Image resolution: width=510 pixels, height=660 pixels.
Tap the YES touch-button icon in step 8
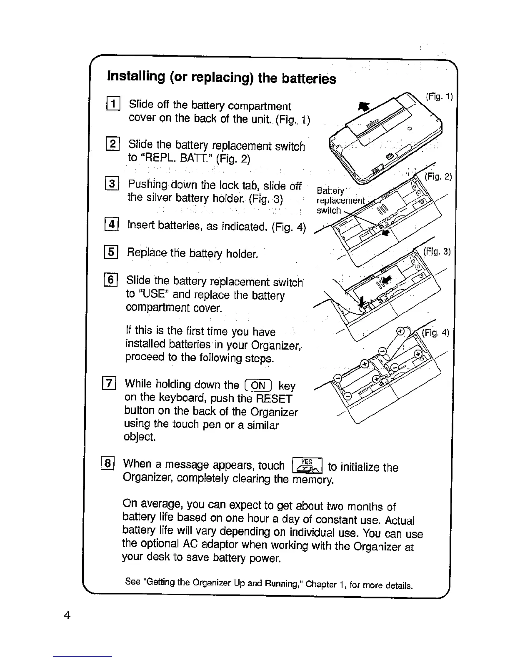[x=307, y=465]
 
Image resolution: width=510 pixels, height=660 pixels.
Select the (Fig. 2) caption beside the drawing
[x=438, y=176]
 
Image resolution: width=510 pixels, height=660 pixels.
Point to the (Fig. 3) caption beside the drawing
[x=437, y=251]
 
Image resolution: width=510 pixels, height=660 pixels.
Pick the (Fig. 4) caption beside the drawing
[x=435, y=332]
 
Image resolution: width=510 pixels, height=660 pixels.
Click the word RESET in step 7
[x=274, y=398]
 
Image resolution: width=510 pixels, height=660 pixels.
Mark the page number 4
[x=67, y=615]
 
